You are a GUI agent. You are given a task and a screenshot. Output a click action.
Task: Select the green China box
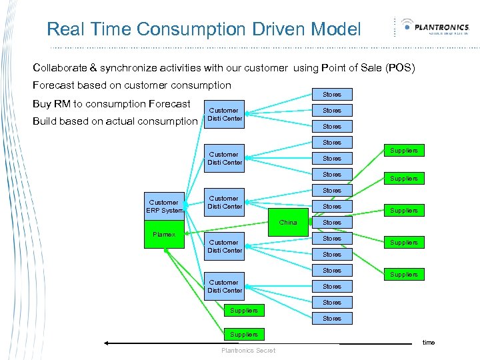(288, 223)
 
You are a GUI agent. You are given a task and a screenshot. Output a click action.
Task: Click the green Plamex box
(163, 235)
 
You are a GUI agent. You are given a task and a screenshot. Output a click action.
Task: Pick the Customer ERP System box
(164, 206)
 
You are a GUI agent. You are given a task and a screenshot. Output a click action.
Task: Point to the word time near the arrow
(429, 342)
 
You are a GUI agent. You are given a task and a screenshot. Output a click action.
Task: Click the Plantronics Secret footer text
(248, 351)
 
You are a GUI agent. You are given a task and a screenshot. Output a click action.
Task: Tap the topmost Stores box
(332, 95)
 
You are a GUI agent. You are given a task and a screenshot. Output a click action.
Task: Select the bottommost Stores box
(332, 319)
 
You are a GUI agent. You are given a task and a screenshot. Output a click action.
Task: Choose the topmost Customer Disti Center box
(225, 115)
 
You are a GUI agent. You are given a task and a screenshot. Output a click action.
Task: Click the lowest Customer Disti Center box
(225, 287)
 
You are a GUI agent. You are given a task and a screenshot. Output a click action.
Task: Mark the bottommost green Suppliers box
(243, 334)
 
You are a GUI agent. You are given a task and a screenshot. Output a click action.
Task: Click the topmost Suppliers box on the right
(404, 151)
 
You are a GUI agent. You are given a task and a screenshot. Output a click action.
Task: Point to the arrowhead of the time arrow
(105, 344)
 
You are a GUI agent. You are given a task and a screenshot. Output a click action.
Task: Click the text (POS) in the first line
(400, 68)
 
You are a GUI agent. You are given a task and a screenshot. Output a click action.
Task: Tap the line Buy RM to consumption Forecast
(111, 103)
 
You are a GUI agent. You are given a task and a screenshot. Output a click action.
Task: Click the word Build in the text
(45, 121)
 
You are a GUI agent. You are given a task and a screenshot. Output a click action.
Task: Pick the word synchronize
(141, 68)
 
